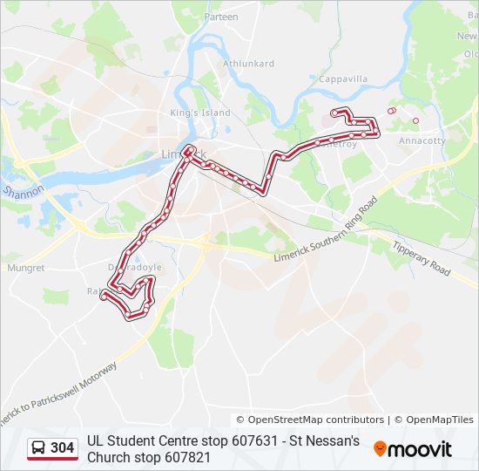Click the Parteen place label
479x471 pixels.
220,17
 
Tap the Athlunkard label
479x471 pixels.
248,64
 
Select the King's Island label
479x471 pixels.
200,113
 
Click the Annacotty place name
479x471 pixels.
422,140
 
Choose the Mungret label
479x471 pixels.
26,268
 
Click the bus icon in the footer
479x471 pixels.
39,448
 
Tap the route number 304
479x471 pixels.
63,448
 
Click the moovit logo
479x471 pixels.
413,449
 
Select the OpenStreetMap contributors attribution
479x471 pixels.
310,420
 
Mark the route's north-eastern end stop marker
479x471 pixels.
334,113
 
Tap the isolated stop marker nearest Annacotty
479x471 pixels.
415,120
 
